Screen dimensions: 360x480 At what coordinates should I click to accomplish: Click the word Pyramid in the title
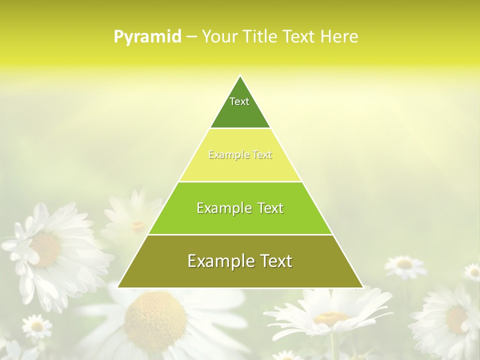[147, 37]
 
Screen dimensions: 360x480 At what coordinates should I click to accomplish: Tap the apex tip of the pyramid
[240, 76]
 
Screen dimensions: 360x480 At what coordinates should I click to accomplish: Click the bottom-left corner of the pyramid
[119, 287]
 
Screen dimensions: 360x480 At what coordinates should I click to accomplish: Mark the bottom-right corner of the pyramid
[362, 287]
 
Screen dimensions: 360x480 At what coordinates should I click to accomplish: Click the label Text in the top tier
[239, 101]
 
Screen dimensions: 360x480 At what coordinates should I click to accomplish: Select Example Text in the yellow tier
[240, 155]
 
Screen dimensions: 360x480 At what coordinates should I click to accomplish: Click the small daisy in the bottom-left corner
[36, 326]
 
